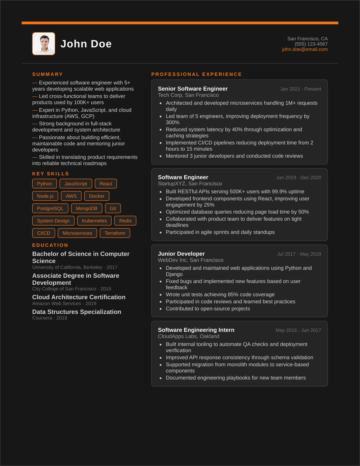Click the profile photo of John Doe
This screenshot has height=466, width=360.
pos(44,44)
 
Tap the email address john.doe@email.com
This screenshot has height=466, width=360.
pos(305,49)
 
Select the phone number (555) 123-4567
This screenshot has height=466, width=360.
pos(311,44)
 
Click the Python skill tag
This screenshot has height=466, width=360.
pos(44,184)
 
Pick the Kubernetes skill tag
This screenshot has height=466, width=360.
pos(94,221)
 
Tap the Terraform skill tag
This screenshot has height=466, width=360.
pos(115,233)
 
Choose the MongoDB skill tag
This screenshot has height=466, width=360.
pos(86,208)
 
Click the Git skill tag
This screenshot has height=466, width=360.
pos(113,208)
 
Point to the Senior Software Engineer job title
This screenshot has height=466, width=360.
pos(193,89)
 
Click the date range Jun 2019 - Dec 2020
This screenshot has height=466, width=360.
pos(298,178)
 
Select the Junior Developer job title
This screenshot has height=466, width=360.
pos(181,254)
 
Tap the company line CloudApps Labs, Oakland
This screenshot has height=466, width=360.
pos(189,336)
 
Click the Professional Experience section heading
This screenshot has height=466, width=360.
pos(196,74)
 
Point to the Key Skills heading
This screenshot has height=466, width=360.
pos(51,174)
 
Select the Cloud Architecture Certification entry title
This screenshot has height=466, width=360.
pos(79,297)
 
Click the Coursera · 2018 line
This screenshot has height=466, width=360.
pos(50,318)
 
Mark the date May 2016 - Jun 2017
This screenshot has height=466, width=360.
pos(298,330)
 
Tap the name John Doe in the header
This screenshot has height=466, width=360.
pos(86,44)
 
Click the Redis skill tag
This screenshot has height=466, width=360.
pos(125,221)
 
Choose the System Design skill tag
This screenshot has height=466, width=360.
pos(53,221)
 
